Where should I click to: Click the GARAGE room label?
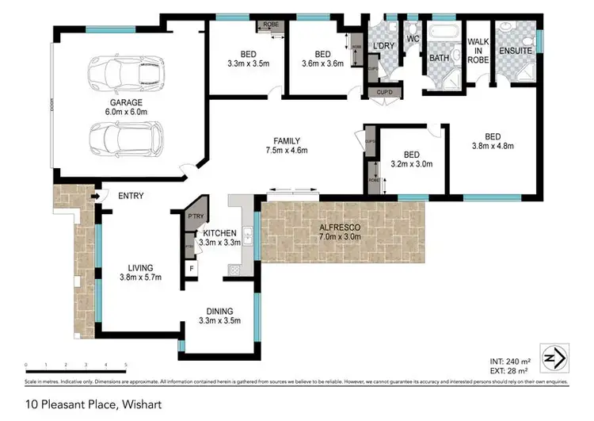127,108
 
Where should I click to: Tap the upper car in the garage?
128,73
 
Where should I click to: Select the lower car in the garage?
126,141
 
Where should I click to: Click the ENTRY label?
131,195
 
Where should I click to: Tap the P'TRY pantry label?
195,216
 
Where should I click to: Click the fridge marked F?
191,268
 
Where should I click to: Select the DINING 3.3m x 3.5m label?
219,316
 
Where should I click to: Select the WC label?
412,38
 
